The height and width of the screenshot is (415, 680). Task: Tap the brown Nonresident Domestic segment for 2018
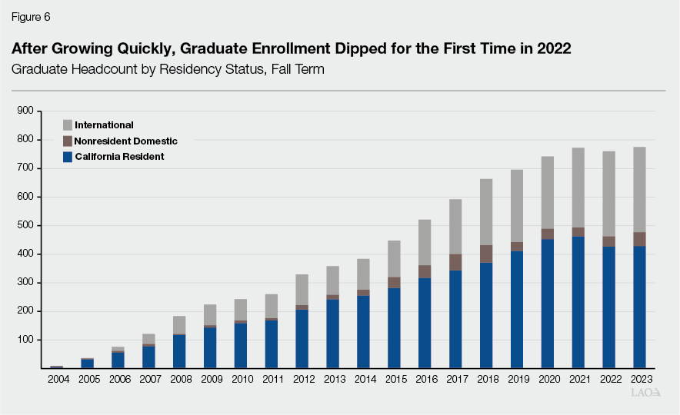(x=485, y=254)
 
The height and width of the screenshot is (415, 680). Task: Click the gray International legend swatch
(x=68, y=125)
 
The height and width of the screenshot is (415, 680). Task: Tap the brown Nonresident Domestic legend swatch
(x=68, y=141)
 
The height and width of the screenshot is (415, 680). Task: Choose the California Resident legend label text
(x=119, y=157)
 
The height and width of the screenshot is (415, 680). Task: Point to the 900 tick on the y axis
(x=25, y=111)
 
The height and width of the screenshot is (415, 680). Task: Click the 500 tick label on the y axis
(x=25, y=225)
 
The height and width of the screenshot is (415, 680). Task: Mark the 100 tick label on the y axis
(x=25, y=340)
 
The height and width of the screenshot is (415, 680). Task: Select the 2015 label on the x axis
(x=394, y=379)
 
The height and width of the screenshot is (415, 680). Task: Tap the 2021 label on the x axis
(x=578, y=379)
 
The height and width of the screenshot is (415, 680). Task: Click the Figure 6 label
(x=29, y=16)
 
